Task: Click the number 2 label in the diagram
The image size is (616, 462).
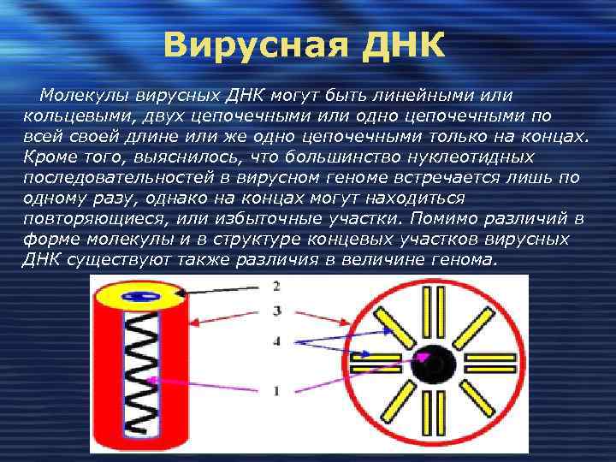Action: tap(275, 286)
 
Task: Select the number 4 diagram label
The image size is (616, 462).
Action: tap(275, 341)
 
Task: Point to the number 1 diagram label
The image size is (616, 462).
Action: tap(275, 391)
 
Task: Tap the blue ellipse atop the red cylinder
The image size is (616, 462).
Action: tap(136, 296)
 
